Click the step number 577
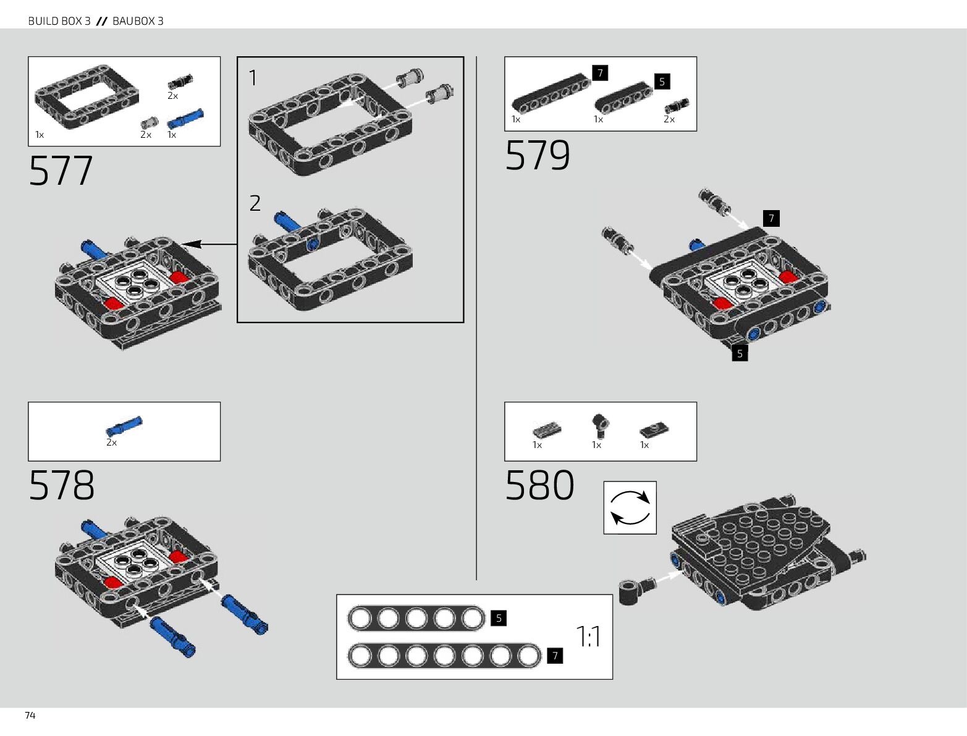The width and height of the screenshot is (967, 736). (61, 171)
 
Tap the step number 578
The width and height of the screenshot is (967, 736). (62, 485)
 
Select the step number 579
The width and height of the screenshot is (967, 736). (538, 155)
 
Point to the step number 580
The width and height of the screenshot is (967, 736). (539, 485)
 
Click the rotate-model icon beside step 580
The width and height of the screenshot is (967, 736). (630, 507)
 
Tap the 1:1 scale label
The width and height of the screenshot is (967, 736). (588, 637)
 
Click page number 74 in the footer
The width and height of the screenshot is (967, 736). (30, 715)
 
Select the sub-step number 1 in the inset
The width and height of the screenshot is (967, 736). (253, 78)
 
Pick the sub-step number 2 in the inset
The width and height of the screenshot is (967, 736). (255, 203)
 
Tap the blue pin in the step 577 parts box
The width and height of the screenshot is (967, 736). (185, 117)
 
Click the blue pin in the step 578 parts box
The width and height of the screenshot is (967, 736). (124, 426)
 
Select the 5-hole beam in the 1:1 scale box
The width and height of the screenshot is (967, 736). (416, 618)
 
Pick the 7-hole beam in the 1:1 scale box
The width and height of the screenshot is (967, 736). (444, 656)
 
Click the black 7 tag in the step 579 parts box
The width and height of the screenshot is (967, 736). (600, 73)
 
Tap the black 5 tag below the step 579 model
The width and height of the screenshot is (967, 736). (740, 353)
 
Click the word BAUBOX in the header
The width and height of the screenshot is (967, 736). (133, 21)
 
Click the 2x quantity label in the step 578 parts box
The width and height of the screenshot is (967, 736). (111, 442)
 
